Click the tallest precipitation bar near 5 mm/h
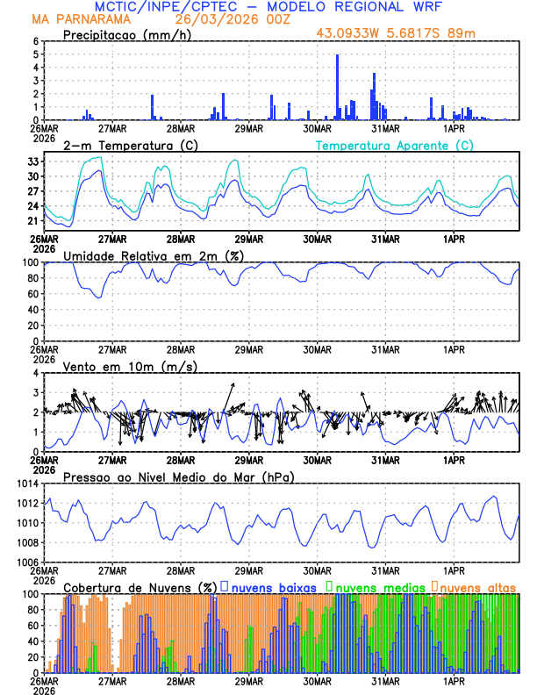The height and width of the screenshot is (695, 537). (x=338, y=87)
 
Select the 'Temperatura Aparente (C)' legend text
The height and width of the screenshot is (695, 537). (x=394, y=145)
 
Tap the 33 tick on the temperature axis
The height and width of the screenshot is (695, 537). (x=32, y=162)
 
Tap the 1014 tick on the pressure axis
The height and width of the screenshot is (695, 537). (x=25, y=484)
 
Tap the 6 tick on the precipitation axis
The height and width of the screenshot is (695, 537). (x=36, y=41)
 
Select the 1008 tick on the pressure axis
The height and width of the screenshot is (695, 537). (x=25, y=542)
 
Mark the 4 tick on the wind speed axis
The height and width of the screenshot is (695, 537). (x=36, y=373)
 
